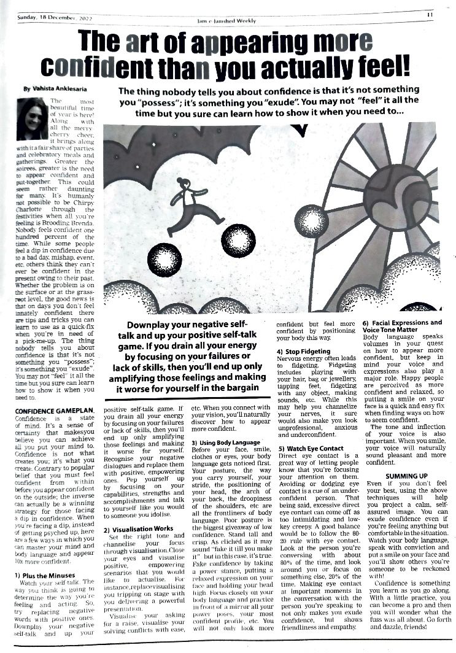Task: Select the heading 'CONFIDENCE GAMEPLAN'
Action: click(54, 410)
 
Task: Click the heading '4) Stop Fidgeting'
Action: click(304, 352)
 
